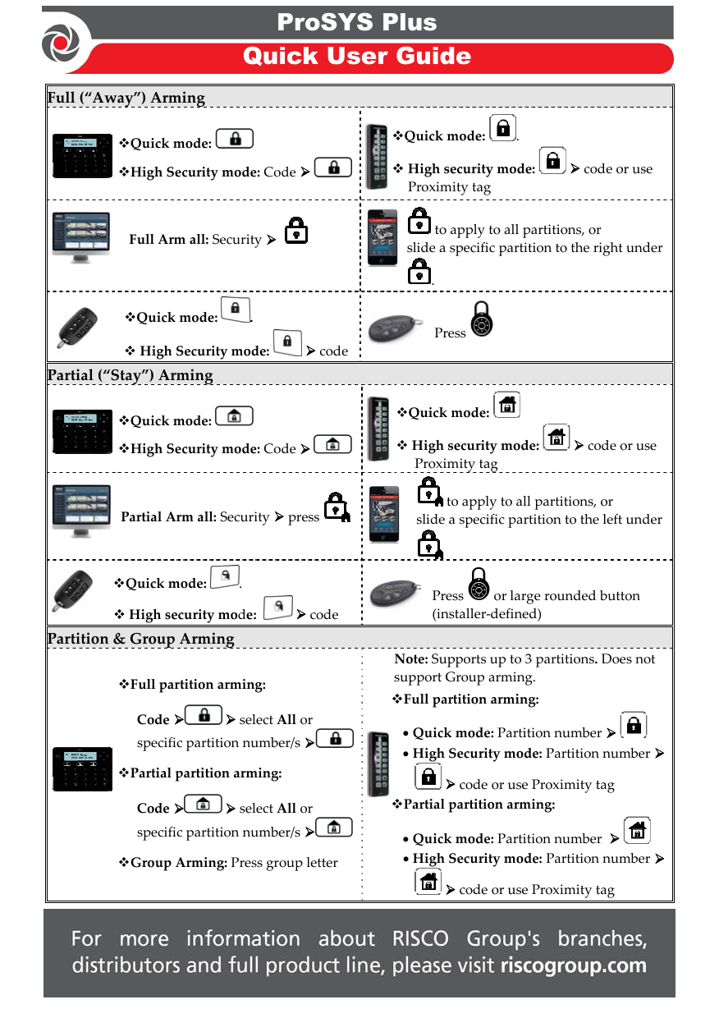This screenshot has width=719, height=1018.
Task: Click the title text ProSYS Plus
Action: pos(356,22)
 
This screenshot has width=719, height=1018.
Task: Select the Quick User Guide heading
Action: pos(356,56)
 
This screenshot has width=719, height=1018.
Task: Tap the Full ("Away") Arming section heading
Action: pos(126,98)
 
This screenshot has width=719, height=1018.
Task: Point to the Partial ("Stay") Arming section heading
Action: pos(130,375)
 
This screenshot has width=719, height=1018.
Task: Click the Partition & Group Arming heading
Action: pos(140,639)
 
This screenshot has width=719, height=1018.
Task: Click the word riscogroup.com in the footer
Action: pos(573,965)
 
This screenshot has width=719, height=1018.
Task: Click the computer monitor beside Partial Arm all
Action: pos(80,511)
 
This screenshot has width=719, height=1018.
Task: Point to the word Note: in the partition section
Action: pos(410,659)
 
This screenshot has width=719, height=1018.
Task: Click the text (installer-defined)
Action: pos(486,613)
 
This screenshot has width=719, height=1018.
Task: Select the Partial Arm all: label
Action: pos(168,517)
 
